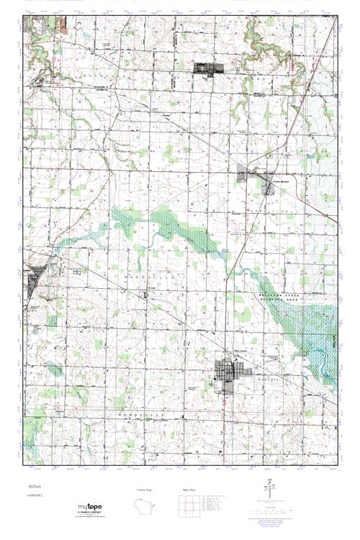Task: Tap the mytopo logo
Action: (93, 510)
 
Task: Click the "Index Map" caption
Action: (189, 490)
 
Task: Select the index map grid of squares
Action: (189, 507)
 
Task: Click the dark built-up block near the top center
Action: (210, 70)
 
